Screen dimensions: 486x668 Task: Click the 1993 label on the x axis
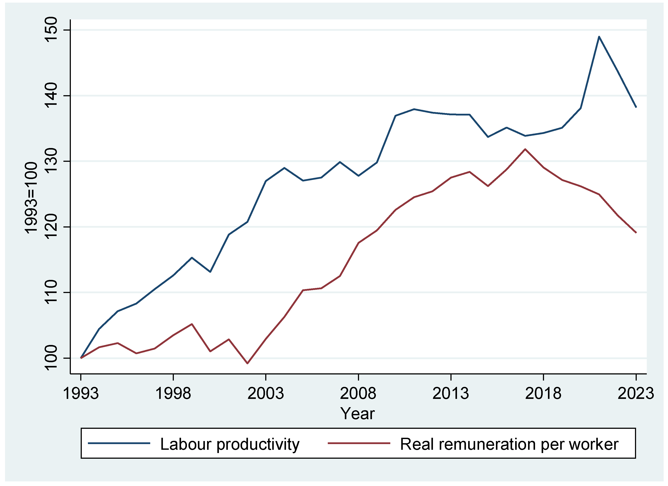(x=81, y=393)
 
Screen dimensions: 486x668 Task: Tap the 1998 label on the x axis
(x=173, y=393)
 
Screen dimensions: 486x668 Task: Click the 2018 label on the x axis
(x=543, y=393)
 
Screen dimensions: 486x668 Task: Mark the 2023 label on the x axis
(x=636, y=393)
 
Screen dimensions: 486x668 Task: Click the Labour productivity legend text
(x=230, y=444)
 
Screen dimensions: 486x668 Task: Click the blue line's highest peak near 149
(x=599, y=37)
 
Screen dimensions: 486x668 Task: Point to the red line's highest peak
(x=525, y=149)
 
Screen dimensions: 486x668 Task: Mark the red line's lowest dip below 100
(x=247, y=363)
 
